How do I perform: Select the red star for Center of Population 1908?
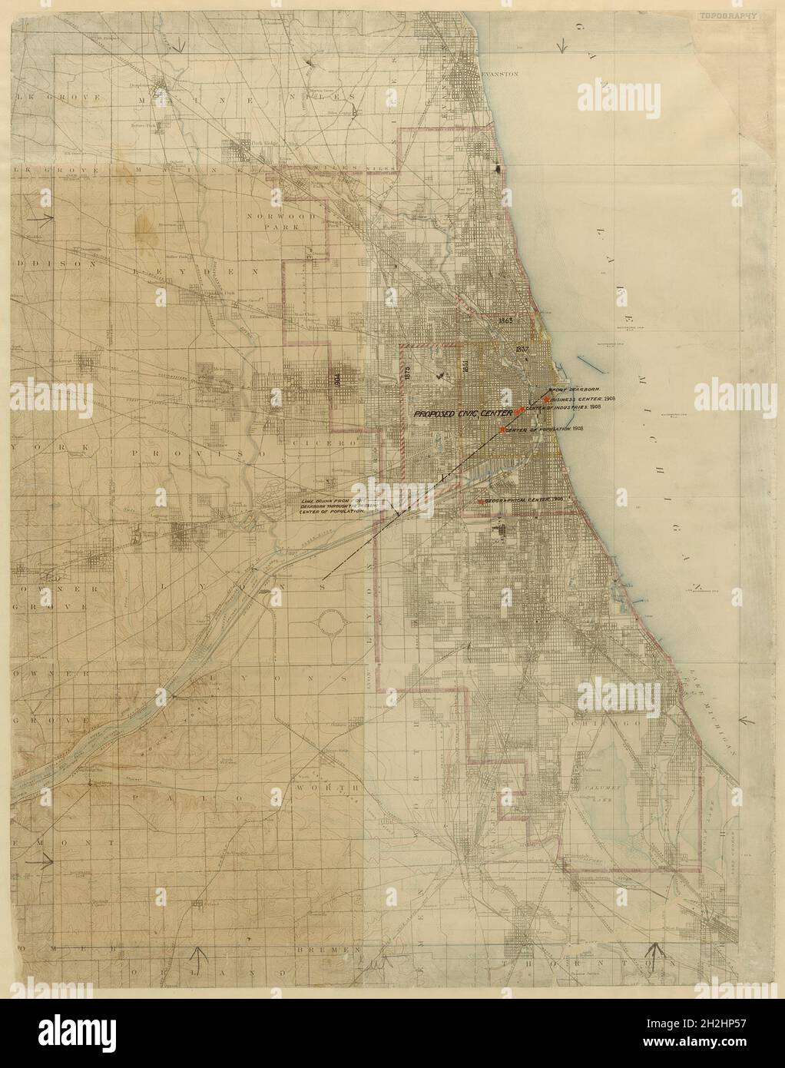pyautogui.click(x=502, y=430)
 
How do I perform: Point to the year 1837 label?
pyautogui.click(x=524, y=350)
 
